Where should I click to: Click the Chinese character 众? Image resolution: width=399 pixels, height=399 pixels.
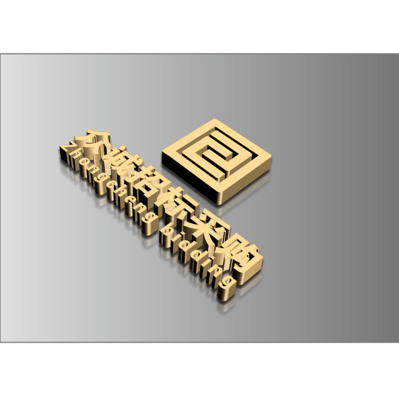coord(96,143)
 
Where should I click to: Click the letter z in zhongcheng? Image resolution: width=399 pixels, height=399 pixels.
coord(67,153)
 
